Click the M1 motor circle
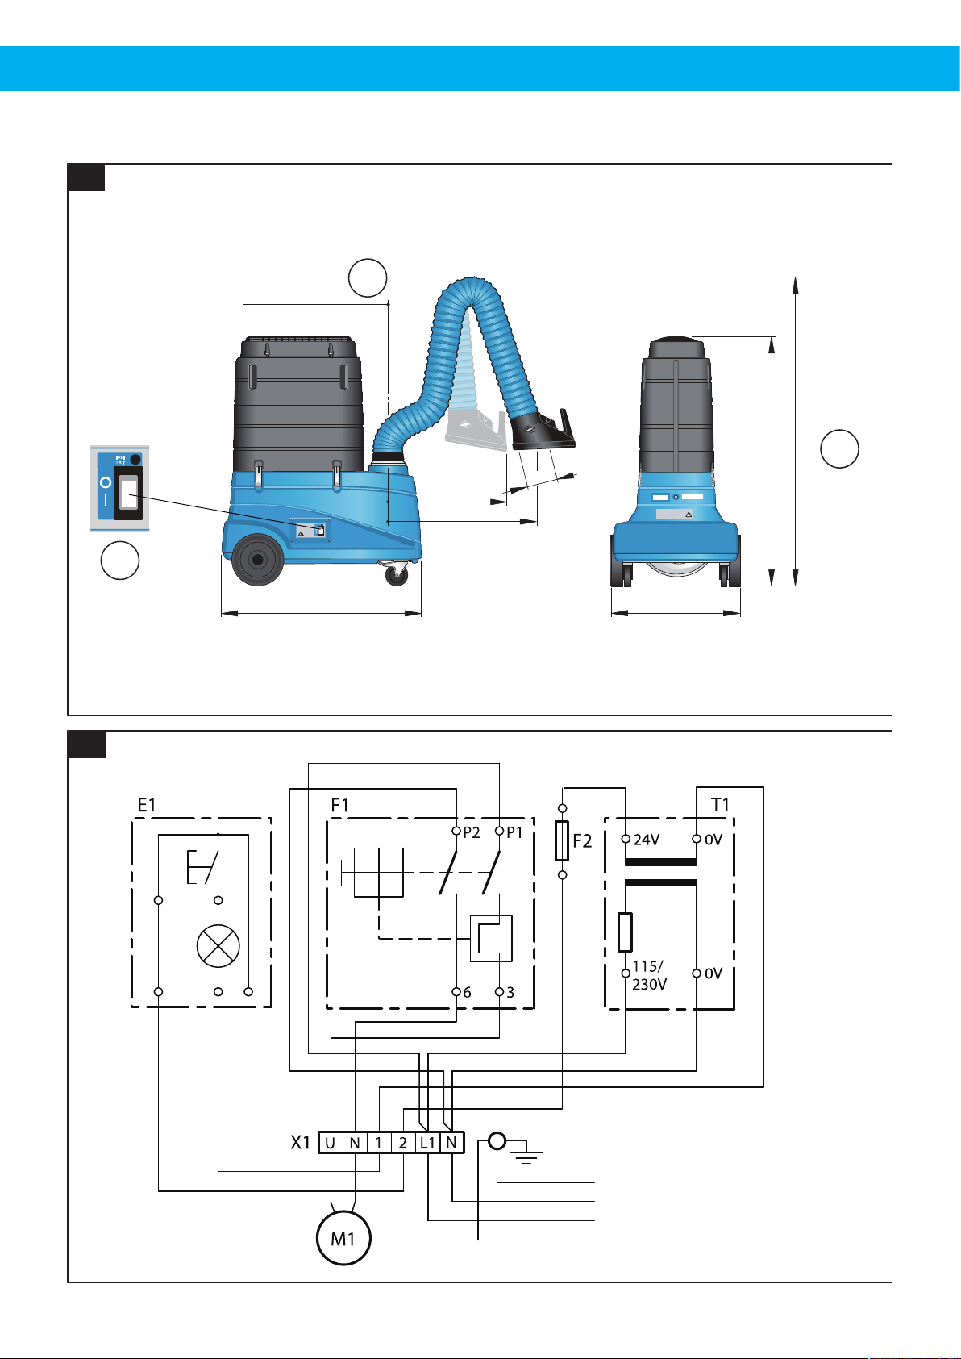click(343, 1238)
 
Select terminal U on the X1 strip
click(331, 1143)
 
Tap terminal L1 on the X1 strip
click(428, 1143)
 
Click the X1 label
click(300, 1143)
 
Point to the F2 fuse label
click(582, 842)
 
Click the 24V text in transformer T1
click(647, 840)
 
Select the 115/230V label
click(648, 975)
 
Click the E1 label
click(147, 805)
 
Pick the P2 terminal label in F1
click(472, 833)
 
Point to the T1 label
click(720, 805)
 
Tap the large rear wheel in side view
click(257, 559)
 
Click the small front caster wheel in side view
click(396, 574)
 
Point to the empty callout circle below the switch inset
click(120, 561)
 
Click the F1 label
click(340, 805)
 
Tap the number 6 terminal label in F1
click(467, 993)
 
